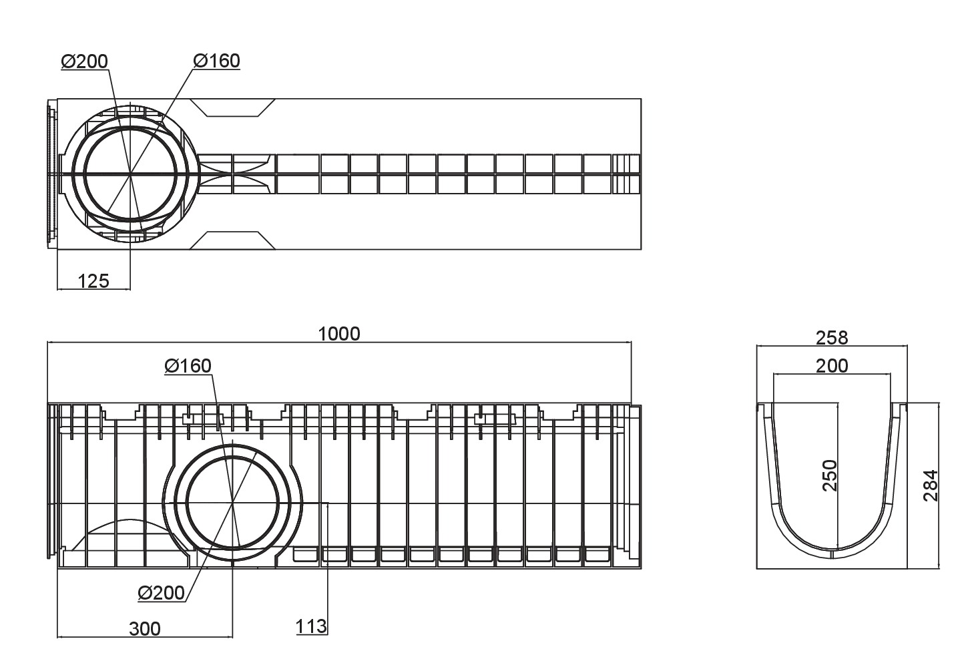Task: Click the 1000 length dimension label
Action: tap(339, 334)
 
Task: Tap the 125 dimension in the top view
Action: tap(93, 281)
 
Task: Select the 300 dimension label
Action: tap(145, 629)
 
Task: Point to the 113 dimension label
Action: tap(311, 626)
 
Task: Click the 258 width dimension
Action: tap(832, 338)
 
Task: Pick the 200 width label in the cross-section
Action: tap(832, 366)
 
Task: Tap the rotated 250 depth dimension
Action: tap(830, 475)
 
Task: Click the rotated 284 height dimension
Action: tap(931, 485)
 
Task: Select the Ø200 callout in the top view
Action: tap(84, 61)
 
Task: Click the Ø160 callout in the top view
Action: tap(216, 61)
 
